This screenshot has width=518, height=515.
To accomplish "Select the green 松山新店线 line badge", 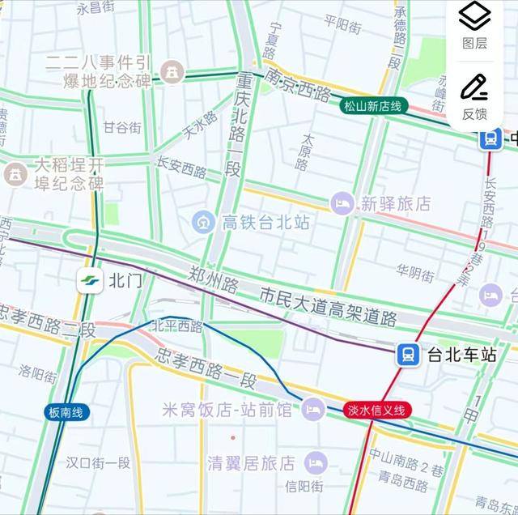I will click(x=372, y=106).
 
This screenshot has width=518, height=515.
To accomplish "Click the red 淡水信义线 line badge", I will click(x=378, y=410).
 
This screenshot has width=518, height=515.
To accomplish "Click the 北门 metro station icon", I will click(x=90, y=281).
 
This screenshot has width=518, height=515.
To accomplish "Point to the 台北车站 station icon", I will click(x=407, y=354).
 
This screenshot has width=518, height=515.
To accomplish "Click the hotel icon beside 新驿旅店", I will click(x=342, y=203).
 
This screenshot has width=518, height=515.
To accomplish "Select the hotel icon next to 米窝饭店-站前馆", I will click(x=313, y=410).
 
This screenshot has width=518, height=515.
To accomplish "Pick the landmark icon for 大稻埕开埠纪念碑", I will click(x=15, y=173).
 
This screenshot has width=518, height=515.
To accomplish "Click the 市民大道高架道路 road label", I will click(x=328, y=306).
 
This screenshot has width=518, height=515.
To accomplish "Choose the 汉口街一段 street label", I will click(x=98, y=463).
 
